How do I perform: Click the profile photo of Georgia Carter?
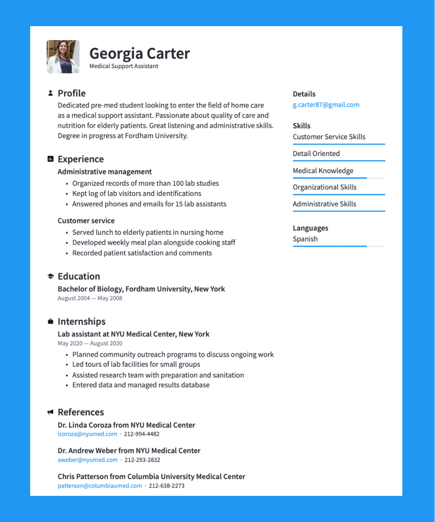(x=63, y=57)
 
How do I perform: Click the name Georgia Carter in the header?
(x=140, y=54)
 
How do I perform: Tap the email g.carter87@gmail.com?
(x=326, y=105)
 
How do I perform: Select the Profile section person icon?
(x=50, y=93)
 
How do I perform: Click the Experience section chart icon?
(x=50, y=159)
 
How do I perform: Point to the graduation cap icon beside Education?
(x=50, y=277)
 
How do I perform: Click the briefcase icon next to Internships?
(x=50, y=321)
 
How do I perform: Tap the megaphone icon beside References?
(x=50, y=412)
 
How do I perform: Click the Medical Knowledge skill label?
(x=323, y=171)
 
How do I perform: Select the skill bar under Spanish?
(x=339, y=246)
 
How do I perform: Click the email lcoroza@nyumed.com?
(x=87, y=434)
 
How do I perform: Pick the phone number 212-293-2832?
(x=142, y=460)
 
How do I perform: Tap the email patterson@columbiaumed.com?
(x=100, y=486)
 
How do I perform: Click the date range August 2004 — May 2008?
(x=90, y=298)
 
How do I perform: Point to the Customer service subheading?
(x=86, y=221)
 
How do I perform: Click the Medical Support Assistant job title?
(x=124, y=66)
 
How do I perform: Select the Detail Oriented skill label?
(x=316, y=154)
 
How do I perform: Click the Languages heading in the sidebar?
(x=310, y=228)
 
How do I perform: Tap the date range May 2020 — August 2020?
(x=90, y=344)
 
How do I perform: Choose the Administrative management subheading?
(x=104, y=172)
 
